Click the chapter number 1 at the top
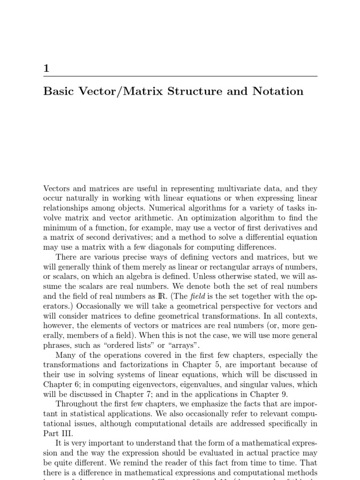pos(46,68)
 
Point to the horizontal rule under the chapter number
pos(180,76)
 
